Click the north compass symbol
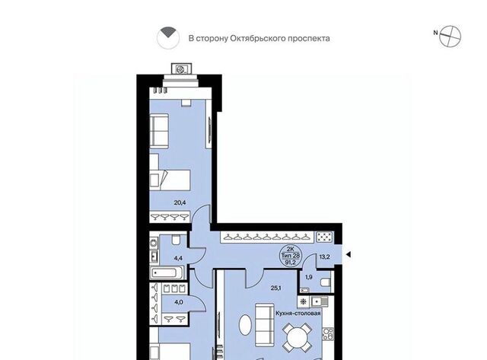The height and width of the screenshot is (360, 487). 450,37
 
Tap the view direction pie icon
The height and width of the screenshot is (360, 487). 167,38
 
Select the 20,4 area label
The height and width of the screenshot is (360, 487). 180,202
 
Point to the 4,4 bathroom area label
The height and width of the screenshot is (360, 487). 178,258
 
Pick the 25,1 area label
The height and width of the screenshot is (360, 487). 275,288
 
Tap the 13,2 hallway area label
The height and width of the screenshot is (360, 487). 325,256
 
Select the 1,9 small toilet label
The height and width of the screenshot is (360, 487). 309,277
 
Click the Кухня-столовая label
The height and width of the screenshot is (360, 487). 298,313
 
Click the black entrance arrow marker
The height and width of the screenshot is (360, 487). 349,255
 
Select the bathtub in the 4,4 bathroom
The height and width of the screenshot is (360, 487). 164,273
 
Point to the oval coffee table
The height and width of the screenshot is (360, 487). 245,325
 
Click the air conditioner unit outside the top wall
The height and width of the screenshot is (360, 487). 181,69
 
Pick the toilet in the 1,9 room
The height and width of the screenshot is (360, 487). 326,282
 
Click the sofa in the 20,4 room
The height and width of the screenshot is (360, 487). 159,130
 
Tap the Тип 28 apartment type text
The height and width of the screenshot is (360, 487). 291,256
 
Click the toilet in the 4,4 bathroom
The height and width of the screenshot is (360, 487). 176,240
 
